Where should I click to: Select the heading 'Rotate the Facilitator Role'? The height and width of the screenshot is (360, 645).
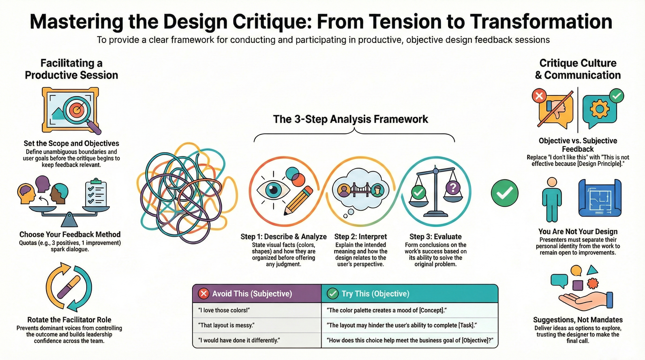(x=69, y=320)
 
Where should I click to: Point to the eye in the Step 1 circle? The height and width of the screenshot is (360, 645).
(x=273, y=190)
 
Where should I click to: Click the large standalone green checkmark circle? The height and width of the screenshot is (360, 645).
(x=504, y=193)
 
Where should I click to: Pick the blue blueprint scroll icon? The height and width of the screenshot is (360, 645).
(x=600, y=198)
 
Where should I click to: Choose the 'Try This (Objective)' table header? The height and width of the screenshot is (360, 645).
(x=375, y=294)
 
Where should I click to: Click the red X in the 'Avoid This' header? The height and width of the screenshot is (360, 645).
(x=204, y=294)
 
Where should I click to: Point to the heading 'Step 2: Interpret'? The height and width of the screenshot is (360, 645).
(x=360, y=237)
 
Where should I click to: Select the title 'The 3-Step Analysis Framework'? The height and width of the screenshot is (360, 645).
(x=350, y=119)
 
